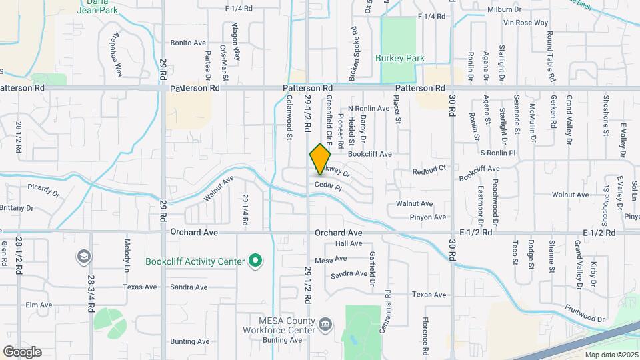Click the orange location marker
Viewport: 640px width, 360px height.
click(x=320, y=159)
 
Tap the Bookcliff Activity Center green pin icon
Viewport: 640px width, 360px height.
click(x=254, y=261)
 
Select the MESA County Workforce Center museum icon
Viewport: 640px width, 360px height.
click(x=325, y=325)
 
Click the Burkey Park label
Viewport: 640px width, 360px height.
click(x=400, y=59)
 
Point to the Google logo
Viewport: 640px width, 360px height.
click(x=22, y=351)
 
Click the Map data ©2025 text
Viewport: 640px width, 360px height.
click(x=611, y=354)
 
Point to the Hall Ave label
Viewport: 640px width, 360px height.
click(x=348, y=243)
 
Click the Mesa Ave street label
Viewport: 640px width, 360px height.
click(x=331, y=259)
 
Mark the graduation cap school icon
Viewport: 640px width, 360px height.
click(x=84, y=256)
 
